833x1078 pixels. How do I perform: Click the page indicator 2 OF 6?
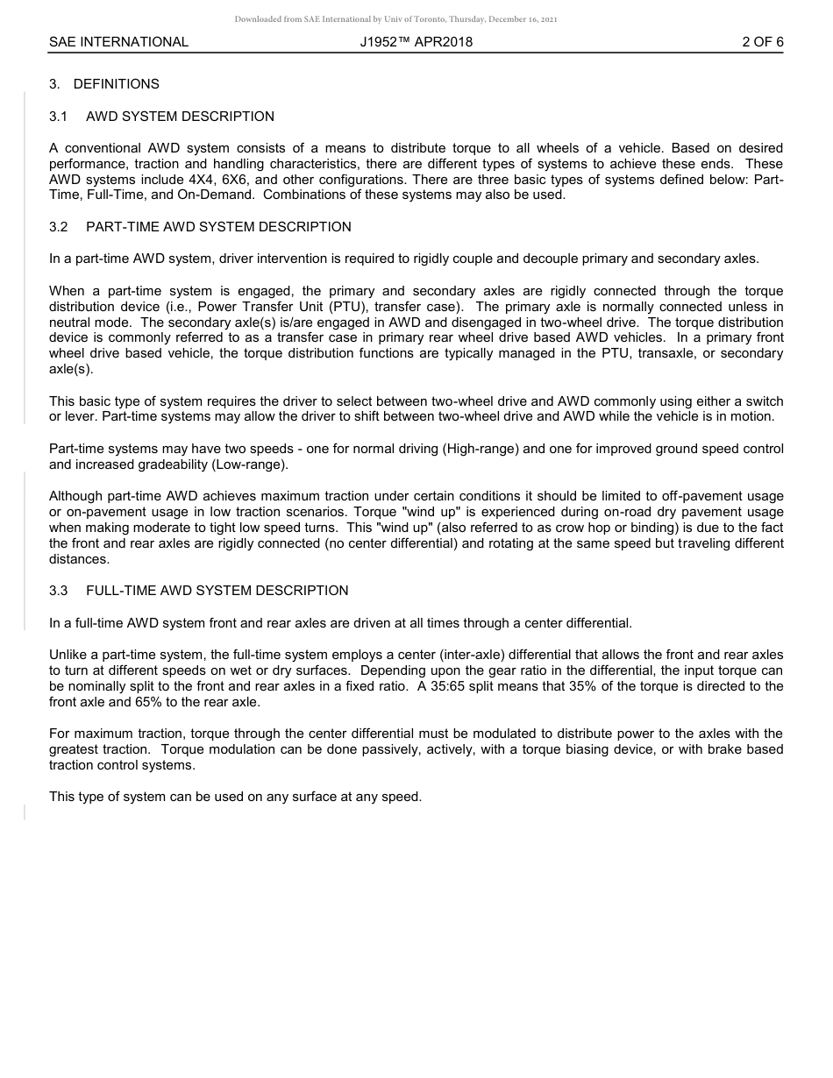click(x=762, y=41)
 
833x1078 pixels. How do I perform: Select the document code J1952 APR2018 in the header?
click(x=416, y=41)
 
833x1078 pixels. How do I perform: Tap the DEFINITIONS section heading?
click(x=116, y=84)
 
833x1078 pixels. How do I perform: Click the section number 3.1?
click(x=59, y=117)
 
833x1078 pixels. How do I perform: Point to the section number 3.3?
click(x=59, y=591)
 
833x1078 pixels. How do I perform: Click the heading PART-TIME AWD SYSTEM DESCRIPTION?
click(x=218, y=227)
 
